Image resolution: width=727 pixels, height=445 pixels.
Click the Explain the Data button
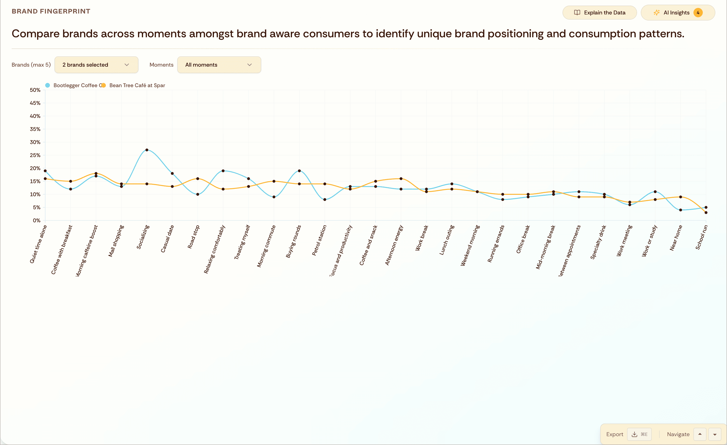point(599,13)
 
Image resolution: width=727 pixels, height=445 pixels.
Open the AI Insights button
point(677,13)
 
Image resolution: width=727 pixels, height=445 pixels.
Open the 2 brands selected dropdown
point(96,65)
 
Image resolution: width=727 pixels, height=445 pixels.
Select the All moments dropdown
point(219,65)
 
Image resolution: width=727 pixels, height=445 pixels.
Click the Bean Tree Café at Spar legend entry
point(137,85)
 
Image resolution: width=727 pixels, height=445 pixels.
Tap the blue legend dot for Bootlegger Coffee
point(48,85)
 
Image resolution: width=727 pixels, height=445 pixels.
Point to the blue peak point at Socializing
point(147,150)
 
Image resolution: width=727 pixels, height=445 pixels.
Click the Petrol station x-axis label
point(319,240)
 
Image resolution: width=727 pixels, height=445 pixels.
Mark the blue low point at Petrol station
point(325,199)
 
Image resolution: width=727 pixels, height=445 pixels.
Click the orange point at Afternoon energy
point(401,178)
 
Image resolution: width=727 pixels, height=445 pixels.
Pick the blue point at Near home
point(680,210)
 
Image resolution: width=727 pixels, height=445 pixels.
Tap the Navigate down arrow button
point(715,434)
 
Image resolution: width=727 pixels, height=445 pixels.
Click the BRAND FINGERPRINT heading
point(51,11)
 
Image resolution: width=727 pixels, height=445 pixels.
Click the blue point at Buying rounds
point(299,171)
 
